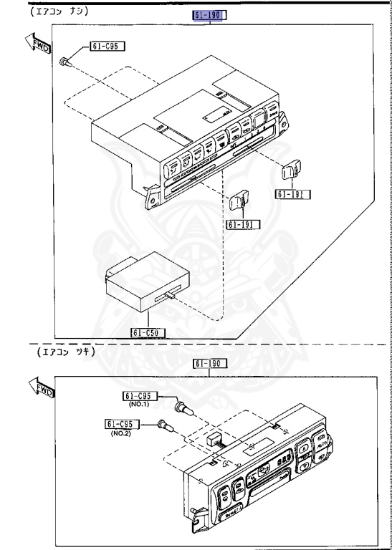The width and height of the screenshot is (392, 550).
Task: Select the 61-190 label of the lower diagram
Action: pyautogui.click(x=210, y=363)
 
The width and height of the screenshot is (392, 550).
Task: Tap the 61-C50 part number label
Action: pyautogui.click(x=148, y=332)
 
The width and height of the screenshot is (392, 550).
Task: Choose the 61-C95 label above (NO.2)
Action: pyautogui.click(x=120, y=423)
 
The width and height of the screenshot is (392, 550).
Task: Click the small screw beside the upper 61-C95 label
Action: pyautogui.click(x=65, y=60)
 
